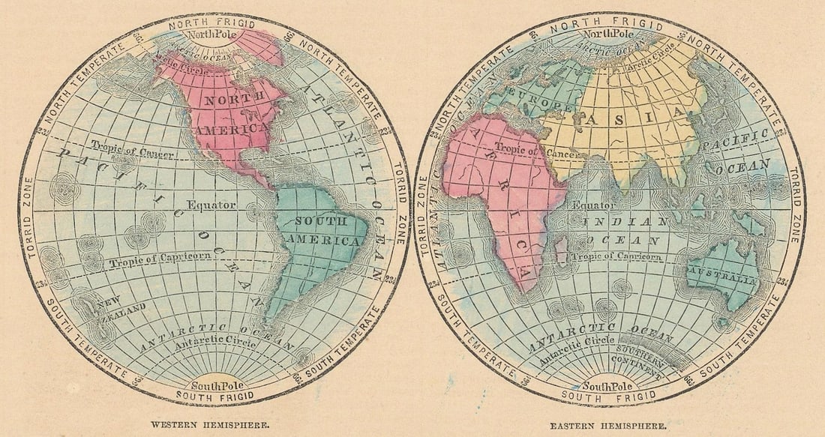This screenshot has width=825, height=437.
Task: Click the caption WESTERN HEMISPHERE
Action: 210,424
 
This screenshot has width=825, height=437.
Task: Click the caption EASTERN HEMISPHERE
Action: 607,425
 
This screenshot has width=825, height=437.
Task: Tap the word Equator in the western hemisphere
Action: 211,205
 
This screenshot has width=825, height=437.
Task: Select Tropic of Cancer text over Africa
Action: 511,150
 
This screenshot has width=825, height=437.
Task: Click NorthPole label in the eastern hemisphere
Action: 609,34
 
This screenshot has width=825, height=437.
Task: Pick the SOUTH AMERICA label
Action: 326,232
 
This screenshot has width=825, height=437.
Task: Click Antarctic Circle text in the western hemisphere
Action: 213,343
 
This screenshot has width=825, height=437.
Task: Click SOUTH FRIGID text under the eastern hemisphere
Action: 608,395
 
